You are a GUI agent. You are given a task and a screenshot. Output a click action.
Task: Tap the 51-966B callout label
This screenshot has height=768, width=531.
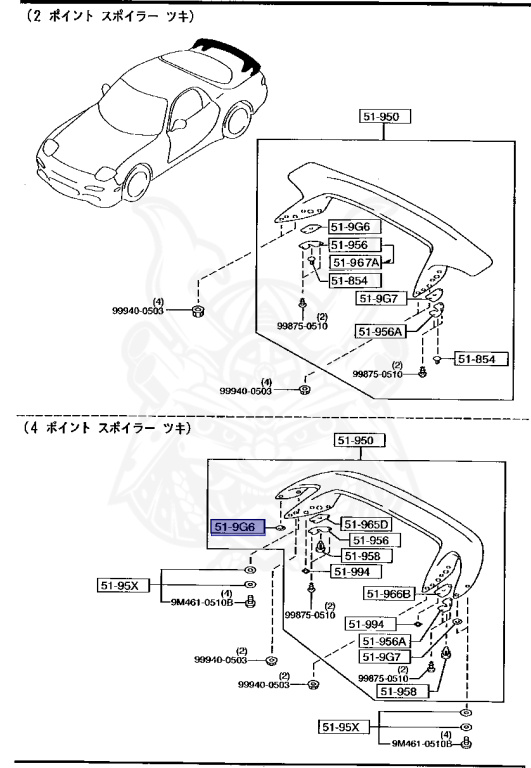point(389,594)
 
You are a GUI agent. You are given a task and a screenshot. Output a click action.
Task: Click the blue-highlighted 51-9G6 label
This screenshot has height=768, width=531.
point(235,525)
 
